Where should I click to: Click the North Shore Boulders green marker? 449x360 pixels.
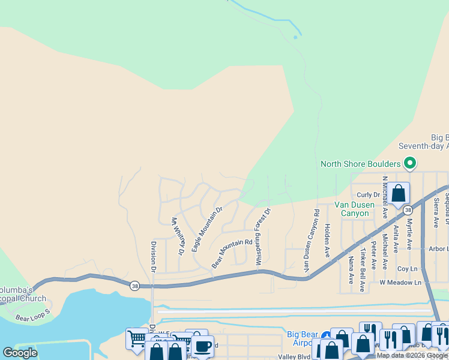(x=410, y=163)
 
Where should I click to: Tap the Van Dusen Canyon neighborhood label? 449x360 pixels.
(x=354, y=209)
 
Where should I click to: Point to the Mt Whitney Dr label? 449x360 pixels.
(x=177, y=236)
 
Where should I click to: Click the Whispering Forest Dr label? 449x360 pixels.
(x=263, y=237)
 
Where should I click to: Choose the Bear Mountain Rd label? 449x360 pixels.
(x=232, y=254)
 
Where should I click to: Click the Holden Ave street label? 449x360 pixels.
(x=327, y=241)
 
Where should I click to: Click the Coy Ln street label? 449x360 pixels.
(x=407, y=269)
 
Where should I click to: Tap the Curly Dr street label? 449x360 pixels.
(x=369, y=194)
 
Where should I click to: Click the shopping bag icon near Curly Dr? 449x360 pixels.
(x=398, y=193)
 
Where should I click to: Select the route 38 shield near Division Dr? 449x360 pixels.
(x=133, y=286)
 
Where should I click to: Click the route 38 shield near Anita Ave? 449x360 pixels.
(x=408, y=210)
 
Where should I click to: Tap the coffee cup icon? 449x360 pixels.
(x=202, y=346)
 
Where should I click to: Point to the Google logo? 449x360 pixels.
(x=20, y=352)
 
